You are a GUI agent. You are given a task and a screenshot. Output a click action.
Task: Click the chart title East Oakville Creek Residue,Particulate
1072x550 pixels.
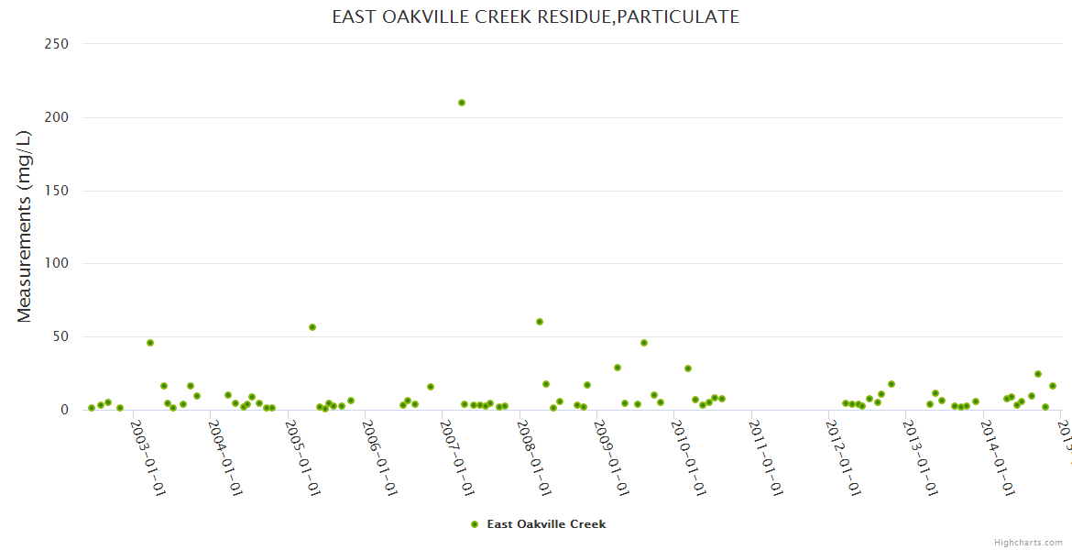pyautogui.click(x=535, y=17)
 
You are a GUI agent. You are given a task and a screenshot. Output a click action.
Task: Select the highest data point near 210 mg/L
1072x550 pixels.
pyautogui.click(x=462, y=103)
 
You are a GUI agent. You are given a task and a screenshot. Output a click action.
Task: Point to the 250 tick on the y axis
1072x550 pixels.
pyautogui.click(x=57, y=44)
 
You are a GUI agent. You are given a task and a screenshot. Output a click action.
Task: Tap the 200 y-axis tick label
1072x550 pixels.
pyautogui.click(x=57, y=117)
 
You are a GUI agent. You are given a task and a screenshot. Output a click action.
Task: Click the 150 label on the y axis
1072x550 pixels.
pyautogui.click(x=57, y=191)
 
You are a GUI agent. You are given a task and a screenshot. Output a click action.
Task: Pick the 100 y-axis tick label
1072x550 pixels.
pyautogui.click(x=57, y=264)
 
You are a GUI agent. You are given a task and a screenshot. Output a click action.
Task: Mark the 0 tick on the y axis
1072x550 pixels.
pyautogui.click(x=65, y=410)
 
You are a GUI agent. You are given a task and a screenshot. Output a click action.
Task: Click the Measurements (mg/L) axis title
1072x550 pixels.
pyautogui.click(x=25, y=226)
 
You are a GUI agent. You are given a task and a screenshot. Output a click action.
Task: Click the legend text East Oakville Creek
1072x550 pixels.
pyautogui.click(x=546, y=524)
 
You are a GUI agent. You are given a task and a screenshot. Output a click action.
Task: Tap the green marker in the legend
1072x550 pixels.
pyautogui.click(x=475, y=524)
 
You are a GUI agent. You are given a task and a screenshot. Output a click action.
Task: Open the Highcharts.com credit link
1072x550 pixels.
pyautogui.click(x=1028, y=542)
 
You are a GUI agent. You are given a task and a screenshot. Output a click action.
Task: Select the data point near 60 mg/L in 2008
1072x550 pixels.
pyautogui.click(x=540, y=322)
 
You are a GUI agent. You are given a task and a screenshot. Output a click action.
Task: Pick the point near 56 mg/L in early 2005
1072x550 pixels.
pyautogui.click(x=312, y=327)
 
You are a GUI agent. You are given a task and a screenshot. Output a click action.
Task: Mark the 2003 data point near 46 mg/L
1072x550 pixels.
pyautogui.click(x=150, y=343)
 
